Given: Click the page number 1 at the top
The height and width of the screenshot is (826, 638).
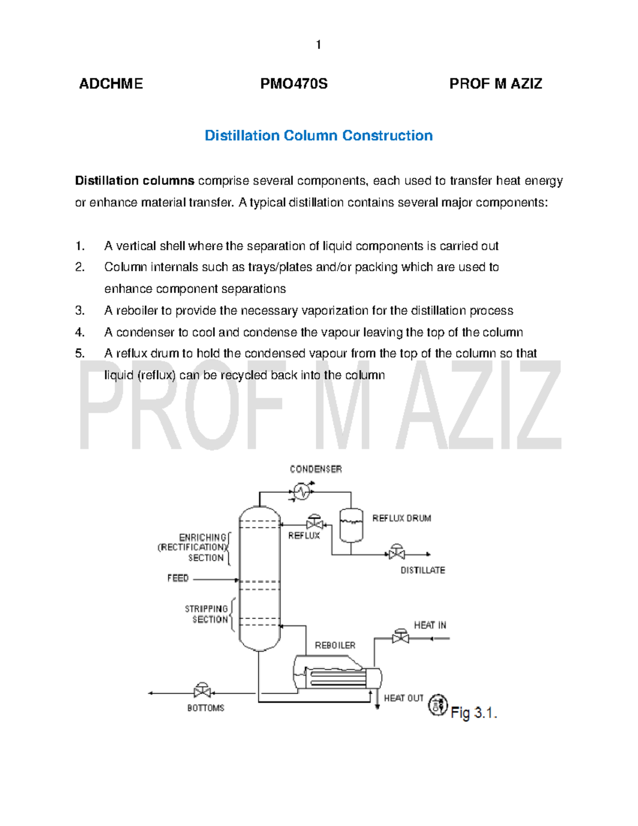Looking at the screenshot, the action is pos(318,45).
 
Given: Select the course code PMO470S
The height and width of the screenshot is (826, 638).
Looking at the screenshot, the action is pos(293,84).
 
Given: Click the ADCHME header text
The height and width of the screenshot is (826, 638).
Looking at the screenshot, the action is pos(111,84).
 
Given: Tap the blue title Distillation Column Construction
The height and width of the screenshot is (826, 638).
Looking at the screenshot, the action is pos(318,136).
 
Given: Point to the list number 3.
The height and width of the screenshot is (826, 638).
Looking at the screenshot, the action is pos(80,311).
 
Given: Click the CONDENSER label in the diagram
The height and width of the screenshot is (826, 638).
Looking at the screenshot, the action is pos(315,469).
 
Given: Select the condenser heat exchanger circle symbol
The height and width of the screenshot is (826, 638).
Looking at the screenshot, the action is pos(302,491).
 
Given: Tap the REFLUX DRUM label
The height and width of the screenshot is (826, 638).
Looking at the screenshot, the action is pos(401,518).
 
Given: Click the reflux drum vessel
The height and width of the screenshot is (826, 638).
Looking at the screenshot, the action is pos(351,524).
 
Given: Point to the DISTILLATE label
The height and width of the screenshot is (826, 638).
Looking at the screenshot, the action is pos(423,570).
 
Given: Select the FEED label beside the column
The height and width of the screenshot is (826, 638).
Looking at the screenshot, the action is pos(178,578).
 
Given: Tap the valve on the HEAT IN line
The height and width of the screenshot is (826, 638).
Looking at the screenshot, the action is pos(400,637).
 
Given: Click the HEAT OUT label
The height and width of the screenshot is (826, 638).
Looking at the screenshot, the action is pos(404,698).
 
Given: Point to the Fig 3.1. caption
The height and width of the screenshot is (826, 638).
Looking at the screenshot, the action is pos(473,713).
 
